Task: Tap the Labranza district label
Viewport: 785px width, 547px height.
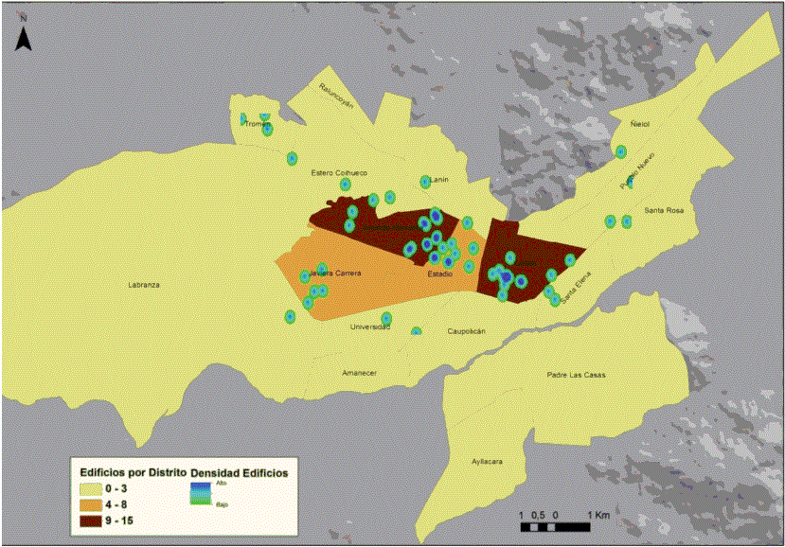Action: click(x=144, y=284)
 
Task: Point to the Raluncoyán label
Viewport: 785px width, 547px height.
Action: click(x=336, y=97)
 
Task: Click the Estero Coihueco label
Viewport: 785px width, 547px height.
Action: click(x=338, y=172)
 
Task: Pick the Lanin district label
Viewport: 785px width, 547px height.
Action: click(x=437, y=179)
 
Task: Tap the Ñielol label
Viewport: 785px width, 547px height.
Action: click(x=641, y=123)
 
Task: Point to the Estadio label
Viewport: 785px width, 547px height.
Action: click(x=439, y=273)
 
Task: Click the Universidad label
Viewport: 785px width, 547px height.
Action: click(x=370, y=326)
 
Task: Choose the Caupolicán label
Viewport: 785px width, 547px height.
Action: click(x=466, y=331)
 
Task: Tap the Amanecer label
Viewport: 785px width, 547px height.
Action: click(x=360, y=373)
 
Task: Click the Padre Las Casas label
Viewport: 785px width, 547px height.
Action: click(x=576, y=375)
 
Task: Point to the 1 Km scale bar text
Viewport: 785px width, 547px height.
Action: click(x=597, y=514)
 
